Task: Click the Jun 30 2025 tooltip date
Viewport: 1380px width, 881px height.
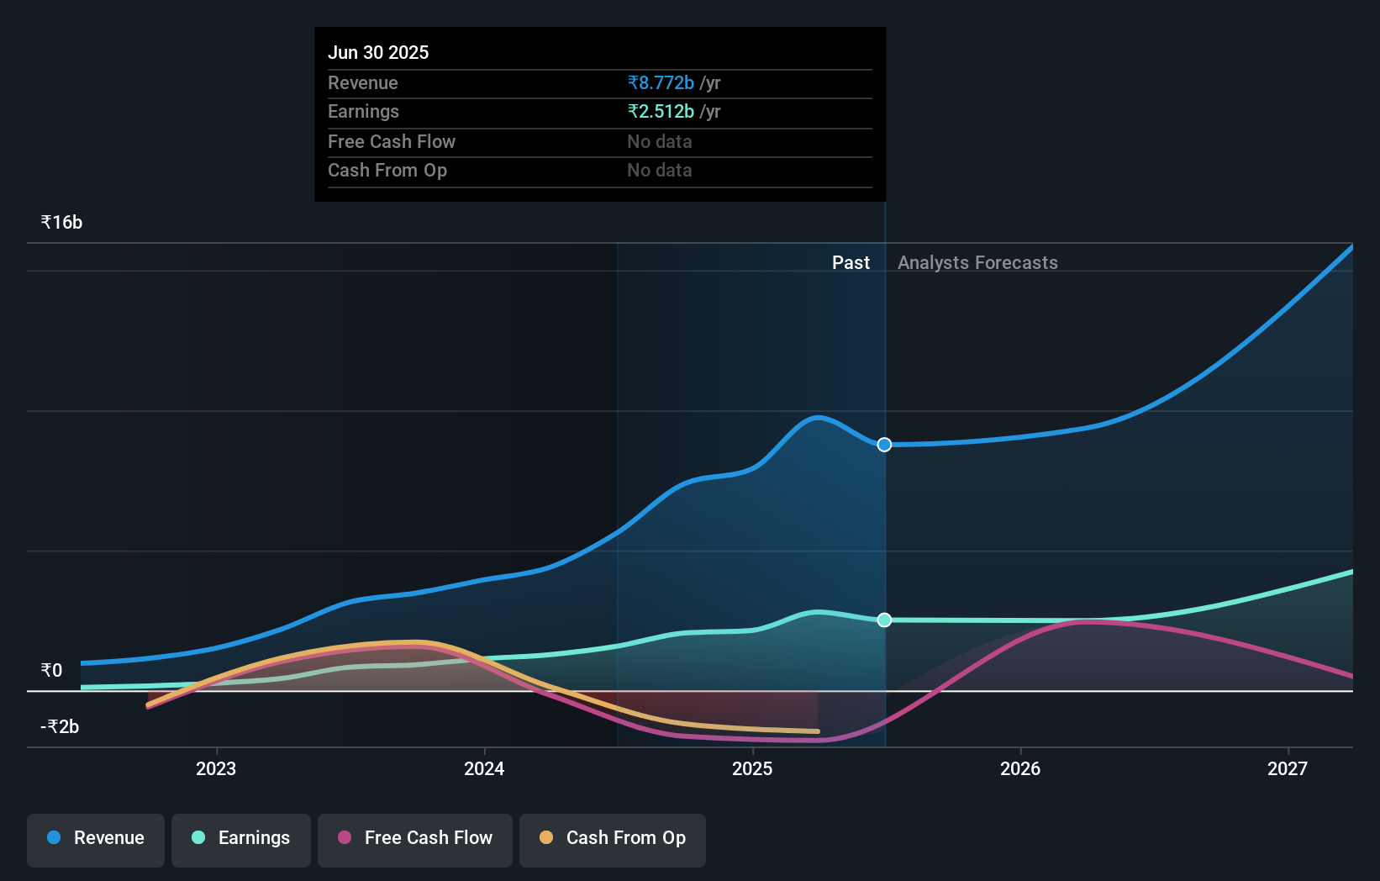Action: (378, 52)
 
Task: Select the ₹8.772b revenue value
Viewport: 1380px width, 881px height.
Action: (661, 82)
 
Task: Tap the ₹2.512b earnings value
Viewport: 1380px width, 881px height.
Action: (661, 111)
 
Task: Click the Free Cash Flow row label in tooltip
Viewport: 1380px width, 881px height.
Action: (392, 141)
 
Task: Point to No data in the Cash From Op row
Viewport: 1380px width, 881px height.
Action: (659, 170)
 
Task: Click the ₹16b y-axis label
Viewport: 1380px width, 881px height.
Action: (61, 222)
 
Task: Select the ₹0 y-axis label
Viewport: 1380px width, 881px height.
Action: (51, 670)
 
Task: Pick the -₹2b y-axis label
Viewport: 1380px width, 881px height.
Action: (60, 726)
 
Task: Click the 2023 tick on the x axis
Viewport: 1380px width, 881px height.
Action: (216, 768)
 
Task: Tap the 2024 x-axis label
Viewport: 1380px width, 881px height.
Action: (484, 768)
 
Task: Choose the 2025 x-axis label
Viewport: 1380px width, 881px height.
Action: (752, 768)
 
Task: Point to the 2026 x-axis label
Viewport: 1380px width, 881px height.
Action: (1020, 768)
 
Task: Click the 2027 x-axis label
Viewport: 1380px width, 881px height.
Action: (1288, 768)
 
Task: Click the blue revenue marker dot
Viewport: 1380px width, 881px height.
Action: (884, 445)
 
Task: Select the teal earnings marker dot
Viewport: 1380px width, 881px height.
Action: (884, 620)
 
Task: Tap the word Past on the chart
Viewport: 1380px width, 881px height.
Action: (851, 262)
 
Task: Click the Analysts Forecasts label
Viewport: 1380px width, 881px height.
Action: (977, 262)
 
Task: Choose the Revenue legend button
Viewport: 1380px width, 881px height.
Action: (96, 837)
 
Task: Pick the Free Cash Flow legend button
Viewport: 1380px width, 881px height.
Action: (415, 837)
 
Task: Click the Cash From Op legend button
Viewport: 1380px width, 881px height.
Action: (613, 837)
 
